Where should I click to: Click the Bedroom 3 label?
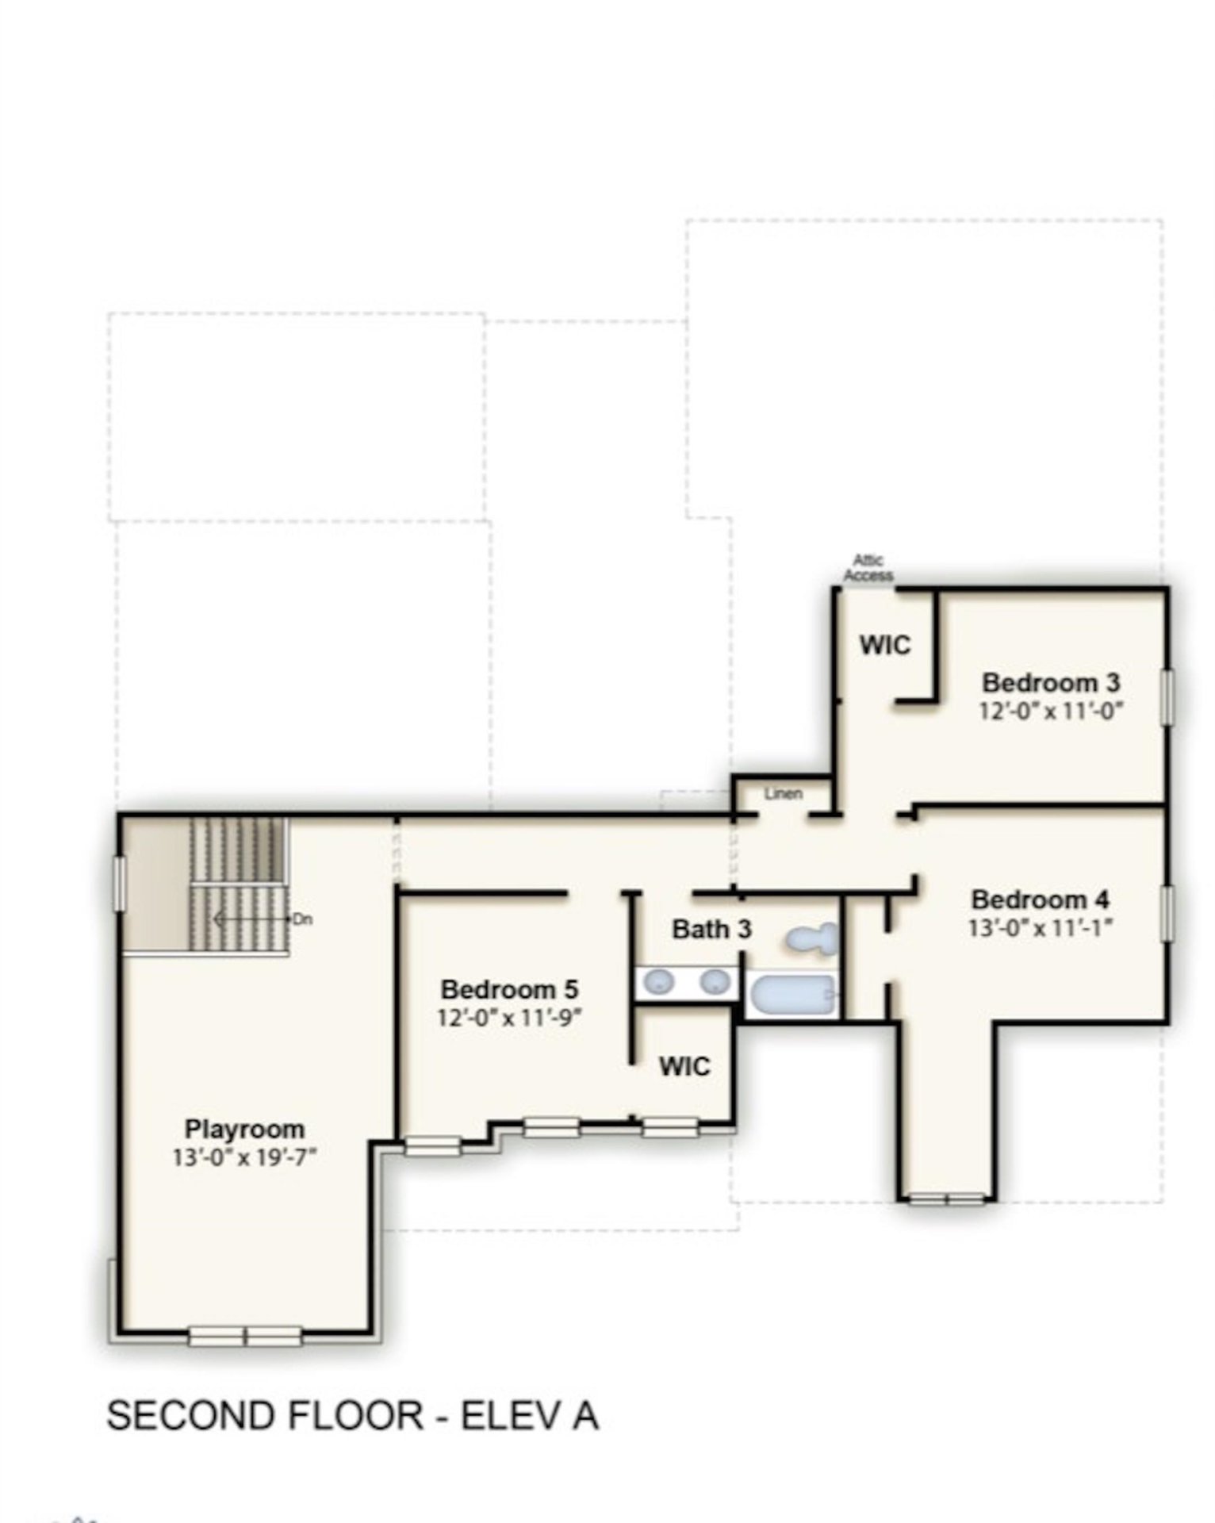pyautogui.click(x=1051, y=682)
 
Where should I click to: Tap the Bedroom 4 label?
pyautogui.click(x=1040, y=900)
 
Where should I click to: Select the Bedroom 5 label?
pyautogui.click(x=509, y=989)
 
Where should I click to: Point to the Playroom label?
pyautogui.click(x=244, y=1128)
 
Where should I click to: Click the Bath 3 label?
pyautogui.click(x=711, y=929)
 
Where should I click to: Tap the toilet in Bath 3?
pyautogui.click(x=811, y=939)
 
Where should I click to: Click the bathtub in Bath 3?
pyautogui.click(x=794, y=995)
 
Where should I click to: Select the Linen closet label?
pyautogui.click(x=783, y=793)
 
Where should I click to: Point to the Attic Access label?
pyautogui.click(x=868, y=568)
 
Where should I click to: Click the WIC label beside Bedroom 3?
pyautogui.click(x=885, y=645)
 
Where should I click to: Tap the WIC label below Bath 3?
pyautogui.click(x=684, y=1066)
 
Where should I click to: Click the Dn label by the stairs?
pyautogui.click(x=302, y=919)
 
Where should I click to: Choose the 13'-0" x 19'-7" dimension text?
pyautogui.click(x=244, y=1157)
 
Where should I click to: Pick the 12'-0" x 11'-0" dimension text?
pyautogui.click(x=1051, y=710)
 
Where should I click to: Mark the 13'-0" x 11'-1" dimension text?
pyautogui.click(x=1040, y=926)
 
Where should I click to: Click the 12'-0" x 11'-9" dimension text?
pyautogui.click(x=509, y=1017)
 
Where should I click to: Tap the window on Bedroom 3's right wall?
pyautogui.click(x=1166, y=697)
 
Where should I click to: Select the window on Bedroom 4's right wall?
pyautogui.click(x=1166, y=914)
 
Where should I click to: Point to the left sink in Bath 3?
pyautogui.click(x=658, y=982)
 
